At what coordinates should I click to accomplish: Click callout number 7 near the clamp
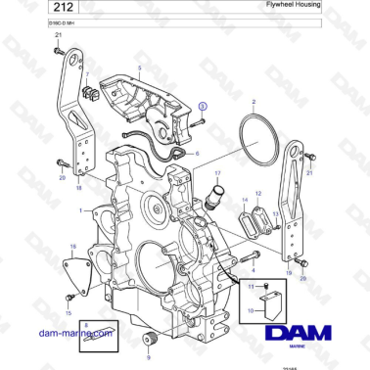86,74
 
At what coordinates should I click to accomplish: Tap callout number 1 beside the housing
95,210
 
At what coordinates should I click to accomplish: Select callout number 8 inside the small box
85,324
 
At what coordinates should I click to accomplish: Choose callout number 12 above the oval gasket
258,195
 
